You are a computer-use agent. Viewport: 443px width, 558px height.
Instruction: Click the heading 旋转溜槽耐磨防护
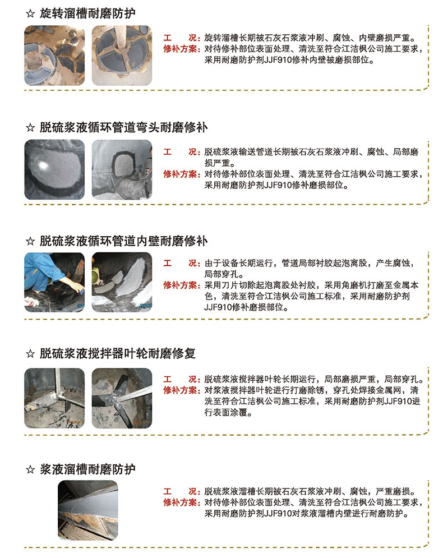87,13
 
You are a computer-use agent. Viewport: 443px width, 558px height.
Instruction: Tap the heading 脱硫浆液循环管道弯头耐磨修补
123,127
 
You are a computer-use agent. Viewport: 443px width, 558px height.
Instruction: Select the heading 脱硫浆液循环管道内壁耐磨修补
123,241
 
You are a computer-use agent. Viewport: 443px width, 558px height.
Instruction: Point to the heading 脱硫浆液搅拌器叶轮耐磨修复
117,353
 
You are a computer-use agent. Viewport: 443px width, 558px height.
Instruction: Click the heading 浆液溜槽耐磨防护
87,469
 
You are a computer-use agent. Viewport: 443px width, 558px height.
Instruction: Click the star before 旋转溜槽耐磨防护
30,14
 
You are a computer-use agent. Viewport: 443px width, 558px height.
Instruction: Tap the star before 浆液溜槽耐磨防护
30,470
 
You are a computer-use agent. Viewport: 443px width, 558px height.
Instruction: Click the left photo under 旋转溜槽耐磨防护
54,56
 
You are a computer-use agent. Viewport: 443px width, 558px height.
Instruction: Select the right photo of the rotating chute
122,56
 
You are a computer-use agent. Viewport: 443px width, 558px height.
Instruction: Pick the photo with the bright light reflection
54,169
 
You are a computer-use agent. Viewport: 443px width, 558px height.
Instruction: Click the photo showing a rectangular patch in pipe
122,169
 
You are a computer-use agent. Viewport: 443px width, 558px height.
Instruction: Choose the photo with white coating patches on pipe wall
122,282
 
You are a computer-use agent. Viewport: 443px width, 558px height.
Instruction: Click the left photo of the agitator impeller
54,398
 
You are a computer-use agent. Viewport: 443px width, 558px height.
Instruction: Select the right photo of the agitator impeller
122,398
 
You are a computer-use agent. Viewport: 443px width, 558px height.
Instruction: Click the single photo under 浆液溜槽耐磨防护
88,510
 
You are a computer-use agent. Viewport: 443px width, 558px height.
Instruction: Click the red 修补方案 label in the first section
181,49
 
